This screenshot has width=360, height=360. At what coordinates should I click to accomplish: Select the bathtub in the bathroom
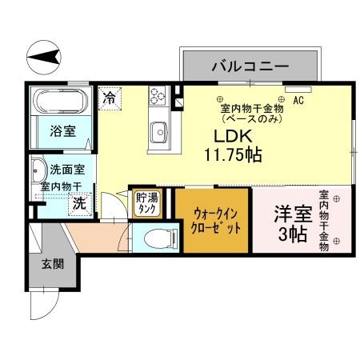pos(61,102)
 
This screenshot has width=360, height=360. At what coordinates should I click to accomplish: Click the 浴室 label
pos(62,130)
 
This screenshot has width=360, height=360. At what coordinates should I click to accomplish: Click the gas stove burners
pos(157,98)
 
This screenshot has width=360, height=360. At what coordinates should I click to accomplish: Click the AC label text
pos(298,101)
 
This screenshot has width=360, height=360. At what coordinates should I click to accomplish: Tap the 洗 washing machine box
pos(79,203)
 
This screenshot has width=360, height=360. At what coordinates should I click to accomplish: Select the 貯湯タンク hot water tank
pos(146,204)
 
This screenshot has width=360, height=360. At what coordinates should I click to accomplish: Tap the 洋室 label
pos(292,214)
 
